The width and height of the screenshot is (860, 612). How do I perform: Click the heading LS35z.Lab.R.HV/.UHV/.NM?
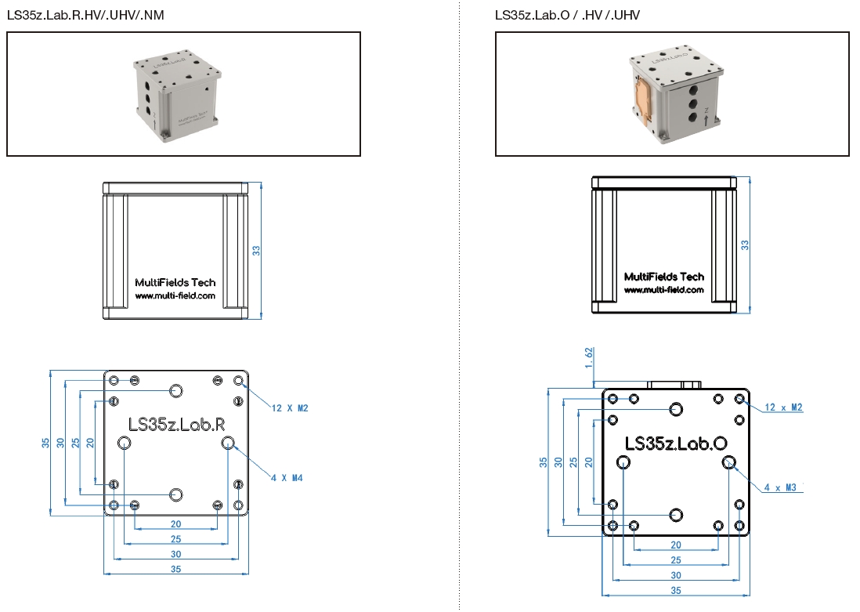click(x=85, y=15)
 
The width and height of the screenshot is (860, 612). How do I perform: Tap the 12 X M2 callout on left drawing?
click(x=290, y=408)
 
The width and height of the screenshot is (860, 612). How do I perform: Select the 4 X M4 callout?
click(x=287, y=478)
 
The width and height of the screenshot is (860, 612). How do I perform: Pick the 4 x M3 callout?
click(x=780, y=487)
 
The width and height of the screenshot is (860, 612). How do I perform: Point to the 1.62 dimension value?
click(x=587, y=357)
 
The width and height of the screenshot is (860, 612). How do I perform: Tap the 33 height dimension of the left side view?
click(x=256, y=251)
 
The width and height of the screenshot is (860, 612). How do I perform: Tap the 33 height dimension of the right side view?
click(x=746, y=244)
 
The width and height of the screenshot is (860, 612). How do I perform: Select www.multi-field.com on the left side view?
click(x=175, y=297)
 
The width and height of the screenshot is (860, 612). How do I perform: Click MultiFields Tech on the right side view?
click(x=664, y=277)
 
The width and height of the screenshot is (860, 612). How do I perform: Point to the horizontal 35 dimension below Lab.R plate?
click(x=176, y=570)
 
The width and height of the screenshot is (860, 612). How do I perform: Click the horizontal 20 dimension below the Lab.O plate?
click(x=676, y=545)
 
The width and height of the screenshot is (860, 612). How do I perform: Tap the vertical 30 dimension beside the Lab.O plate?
click(x=558, y=462)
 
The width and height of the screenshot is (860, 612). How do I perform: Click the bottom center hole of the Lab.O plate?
click(x=676, y=514)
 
